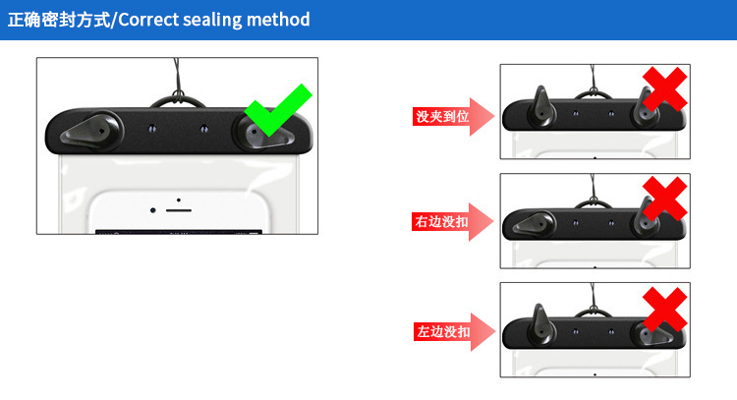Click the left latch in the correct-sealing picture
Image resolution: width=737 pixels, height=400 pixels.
(92, 131)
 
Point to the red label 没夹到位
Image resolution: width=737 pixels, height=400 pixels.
(442, 116)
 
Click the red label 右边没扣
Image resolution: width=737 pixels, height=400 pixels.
(441, 221)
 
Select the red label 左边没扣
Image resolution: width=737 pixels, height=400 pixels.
(443, 331)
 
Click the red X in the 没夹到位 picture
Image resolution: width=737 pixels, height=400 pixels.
(665, 88)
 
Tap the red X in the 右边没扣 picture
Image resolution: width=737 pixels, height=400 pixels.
(665, 199)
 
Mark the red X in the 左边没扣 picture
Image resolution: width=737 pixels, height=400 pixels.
(665, 310)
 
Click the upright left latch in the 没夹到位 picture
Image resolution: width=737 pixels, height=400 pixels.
(541, 108)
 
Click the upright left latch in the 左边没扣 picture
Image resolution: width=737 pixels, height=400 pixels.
(541, 325)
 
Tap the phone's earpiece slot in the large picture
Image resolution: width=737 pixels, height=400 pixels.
(179, 210)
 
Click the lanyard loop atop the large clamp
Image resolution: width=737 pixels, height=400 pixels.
(178, 99)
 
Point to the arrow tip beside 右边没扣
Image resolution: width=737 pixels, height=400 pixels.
(493, 221)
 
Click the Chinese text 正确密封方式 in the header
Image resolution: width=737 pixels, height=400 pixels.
(59, 20)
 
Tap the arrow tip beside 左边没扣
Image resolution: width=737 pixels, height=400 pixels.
(495, 331)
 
